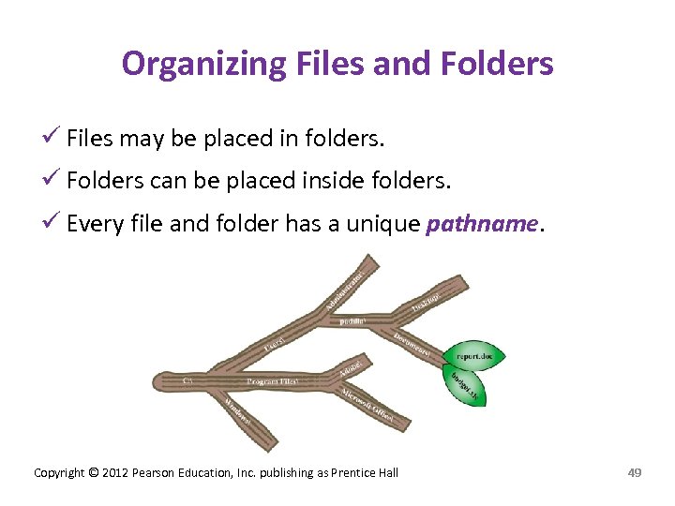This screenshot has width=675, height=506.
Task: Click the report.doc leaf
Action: click(x=480, y=355)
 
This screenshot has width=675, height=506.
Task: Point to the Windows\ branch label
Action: click(x=237, y=409)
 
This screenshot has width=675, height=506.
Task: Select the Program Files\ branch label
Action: click(x=272, y=381)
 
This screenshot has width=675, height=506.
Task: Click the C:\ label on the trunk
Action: click(x=187, y=380)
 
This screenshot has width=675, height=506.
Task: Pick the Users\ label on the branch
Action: click(x=275, y=345)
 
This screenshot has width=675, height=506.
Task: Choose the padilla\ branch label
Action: click(x=352, y=321)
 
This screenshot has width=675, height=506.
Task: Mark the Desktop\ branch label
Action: click(x=427, y=302)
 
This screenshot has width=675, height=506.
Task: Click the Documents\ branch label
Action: click(x=412, y=344)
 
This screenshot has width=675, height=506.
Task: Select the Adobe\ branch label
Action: click(x=352, y=365)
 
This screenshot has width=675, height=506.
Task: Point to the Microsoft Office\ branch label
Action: click(x=368, y=404)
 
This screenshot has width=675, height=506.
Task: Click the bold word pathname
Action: click(x=482, y=225)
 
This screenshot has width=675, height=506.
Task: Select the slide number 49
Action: click(x=634, y=472)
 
